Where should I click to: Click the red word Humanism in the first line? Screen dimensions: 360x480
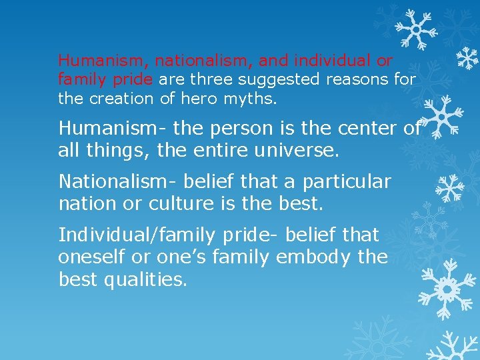pos(105,61)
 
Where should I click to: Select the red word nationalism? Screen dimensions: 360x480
pos(204,61)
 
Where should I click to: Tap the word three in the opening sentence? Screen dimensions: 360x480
pos(213,80)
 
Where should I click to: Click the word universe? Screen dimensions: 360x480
pos(296,151)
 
